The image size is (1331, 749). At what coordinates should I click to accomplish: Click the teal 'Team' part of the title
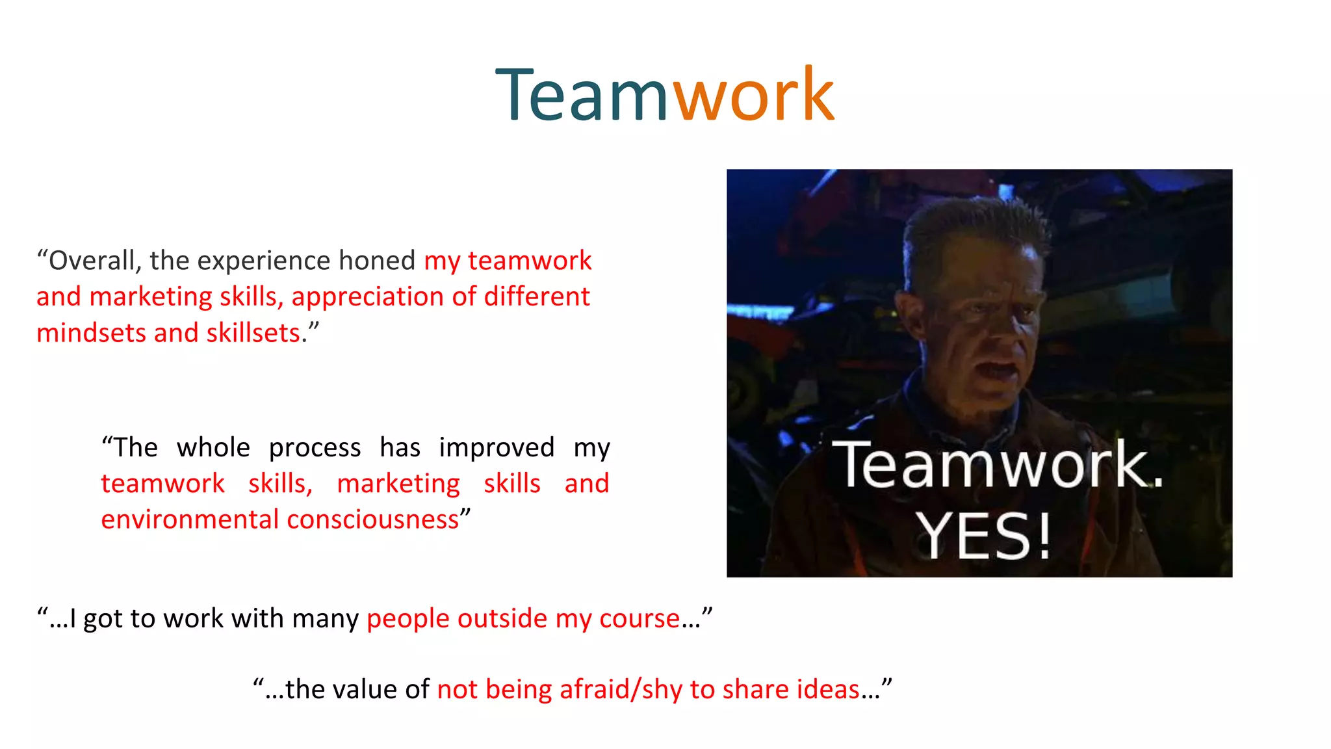[582, 96]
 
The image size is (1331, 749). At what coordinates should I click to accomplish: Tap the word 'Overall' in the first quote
[92, 261]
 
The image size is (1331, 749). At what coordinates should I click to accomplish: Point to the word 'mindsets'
[91, 333]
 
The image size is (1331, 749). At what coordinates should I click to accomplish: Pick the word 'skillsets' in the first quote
[253, 333]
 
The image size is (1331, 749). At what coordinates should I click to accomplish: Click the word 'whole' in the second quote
[213, 448]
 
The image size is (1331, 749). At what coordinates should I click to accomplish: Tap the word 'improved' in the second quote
[497, 448]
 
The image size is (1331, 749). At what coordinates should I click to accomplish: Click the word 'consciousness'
[373, 519]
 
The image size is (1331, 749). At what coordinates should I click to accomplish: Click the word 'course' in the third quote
[640, 618]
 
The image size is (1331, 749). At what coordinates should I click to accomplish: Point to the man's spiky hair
[975, 224]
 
